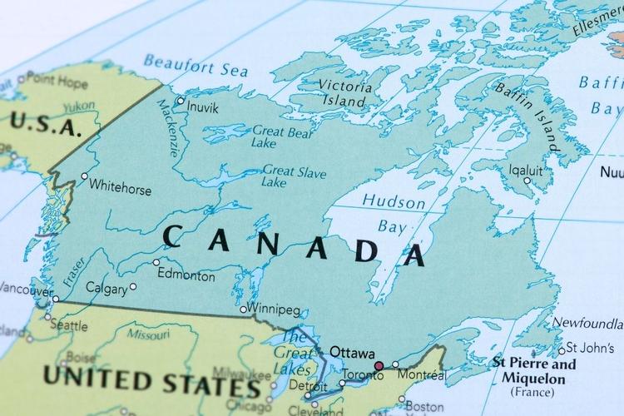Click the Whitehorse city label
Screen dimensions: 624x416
pos(121,189)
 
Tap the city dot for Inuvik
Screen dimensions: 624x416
pos(181,101)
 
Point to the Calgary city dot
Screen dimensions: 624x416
pos(133,286)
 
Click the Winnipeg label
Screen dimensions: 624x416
pos(275,310)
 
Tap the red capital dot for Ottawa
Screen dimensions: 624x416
pos(379,365)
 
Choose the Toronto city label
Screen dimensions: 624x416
pos(363,375)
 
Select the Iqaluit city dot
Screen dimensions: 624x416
pos(527,180)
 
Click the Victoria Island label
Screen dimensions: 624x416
pos(343,92)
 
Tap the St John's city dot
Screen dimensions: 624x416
pos(562,349)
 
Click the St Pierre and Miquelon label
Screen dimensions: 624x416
pos(533,372)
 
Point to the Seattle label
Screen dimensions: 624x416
pos(68,325)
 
